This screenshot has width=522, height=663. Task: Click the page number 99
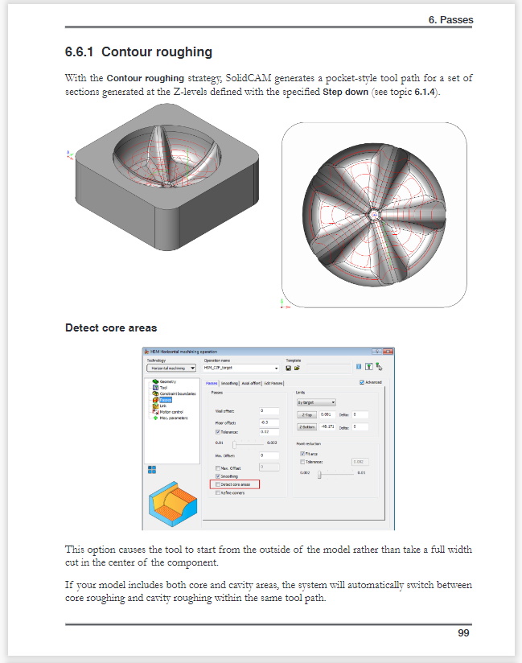[463, 632]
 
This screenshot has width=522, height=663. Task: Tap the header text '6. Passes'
[450, 19]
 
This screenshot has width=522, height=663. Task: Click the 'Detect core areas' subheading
[111, 327]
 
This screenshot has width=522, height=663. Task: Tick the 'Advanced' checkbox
[362, 382]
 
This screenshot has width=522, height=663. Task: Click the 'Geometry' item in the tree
[166, 381]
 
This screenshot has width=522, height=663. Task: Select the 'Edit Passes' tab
[273, 384]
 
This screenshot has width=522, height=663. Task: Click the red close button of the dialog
[388, 352]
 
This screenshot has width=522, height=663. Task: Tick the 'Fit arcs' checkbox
[292, 454]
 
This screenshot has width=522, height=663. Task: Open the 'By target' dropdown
[316, 402]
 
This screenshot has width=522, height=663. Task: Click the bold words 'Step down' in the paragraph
[346, 93]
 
